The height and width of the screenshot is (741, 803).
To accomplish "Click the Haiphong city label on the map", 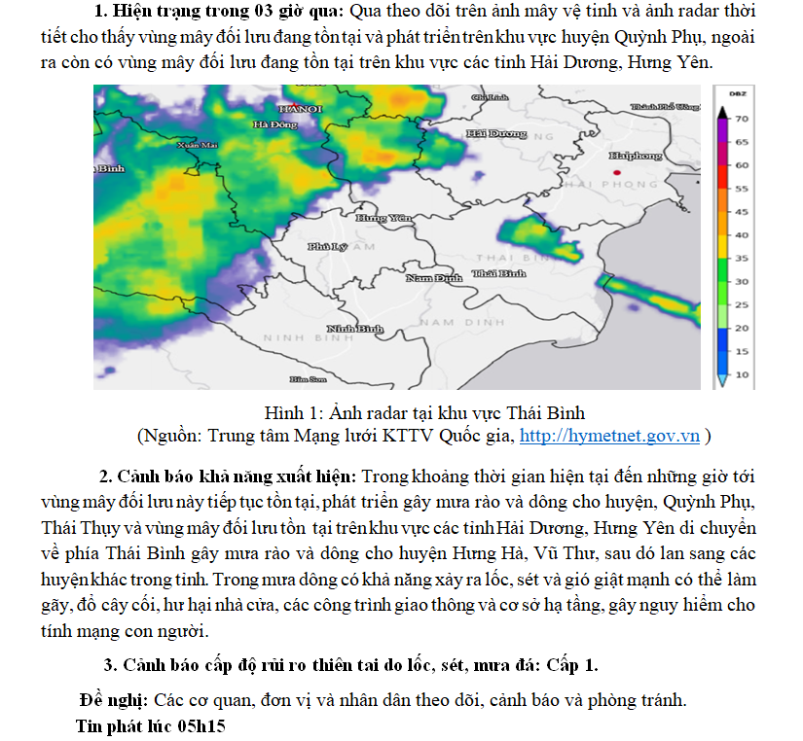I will pos(635,156).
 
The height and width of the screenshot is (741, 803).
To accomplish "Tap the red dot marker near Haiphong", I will pos(617,172).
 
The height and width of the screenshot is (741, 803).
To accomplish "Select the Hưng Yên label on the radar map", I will pos(384,219).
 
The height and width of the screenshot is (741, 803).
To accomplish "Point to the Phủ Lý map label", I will pos(327,247).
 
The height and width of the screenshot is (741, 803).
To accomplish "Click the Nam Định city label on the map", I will pos(433,278).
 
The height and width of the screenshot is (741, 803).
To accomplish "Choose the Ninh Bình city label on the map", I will pos(355,330).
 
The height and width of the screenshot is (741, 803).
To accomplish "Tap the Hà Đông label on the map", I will pos(274,124).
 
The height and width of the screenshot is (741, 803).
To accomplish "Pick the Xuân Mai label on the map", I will pos(197,145).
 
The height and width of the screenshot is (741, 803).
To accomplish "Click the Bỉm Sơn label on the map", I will pos(308,378).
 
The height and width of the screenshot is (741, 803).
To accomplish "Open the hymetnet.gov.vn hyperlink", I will pos(609,435).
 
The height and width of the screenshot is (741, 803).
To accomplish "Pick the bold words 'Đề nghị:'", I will pos(115,700).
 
